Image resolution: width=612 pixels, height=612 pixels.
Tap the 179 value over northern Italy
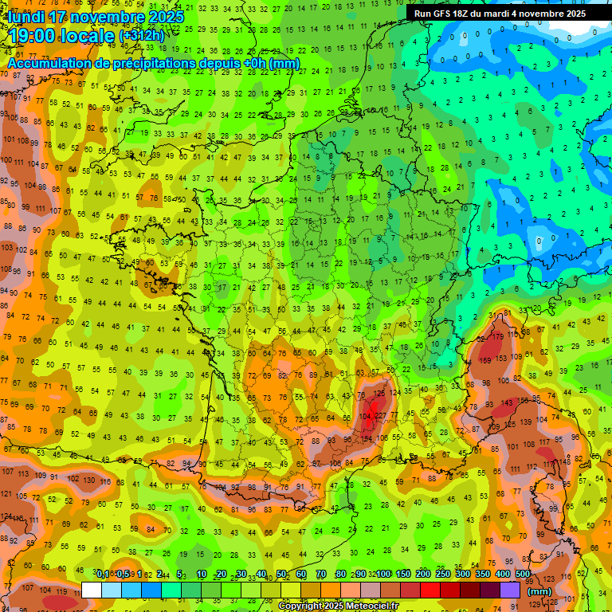point(499,336)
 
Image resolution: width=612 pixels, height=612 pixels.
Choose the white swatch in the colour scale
point(92,590)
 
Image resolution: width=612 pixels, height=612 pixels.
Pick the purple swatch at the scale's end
point(510,590)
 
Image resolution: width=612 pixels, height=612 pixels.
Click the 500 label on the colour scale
point(522,575)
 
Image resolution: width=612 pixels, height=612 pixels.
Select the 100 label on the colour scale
point(383,575)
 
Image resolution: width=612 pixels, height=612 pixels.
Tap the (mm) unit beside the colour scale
point(539,591)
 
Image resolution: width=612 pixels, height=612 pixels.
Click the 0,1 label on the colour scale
point(103,575)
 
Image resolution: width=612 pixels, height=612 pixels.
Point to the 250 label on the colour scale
point(442,575)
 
